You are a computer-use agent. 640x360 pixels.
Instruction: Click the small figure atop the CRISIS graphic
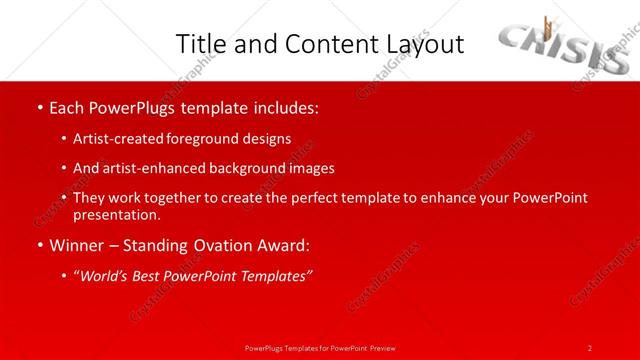click(x=547, y=26)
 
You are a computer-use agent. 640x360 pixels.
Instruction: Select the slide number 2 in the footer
click(x=590, y=348)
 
